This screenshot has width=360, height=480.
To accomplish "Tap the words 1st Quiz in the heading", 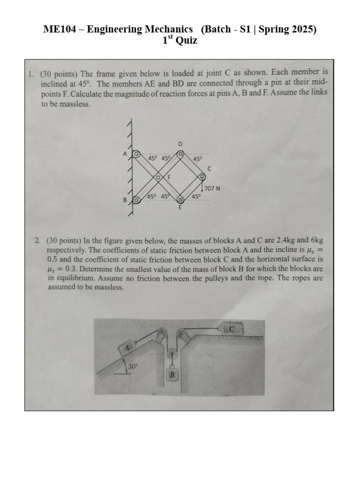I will point(180,41).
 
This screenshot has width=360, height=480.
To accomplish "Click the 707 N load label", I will point(212,188).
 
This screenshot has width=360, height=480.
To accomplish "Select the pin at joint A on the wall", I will point(135,154).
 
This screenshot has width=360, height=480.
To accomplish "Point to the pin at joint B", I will point(136,200).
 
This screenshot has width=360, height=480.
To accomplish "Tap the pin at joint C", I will point(202,177).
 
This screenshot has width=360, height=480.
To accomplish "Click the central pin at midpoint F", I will point(158,177).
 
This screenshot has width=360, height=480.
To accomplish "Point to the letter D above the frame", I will point(180,143).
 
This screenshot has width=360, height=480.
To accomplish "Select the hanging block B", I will point(172,375).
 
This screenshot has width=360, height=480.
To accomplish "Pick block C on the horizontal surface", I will point(232,330).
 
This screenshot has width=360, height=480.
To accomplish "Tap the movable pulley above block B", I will point(172,355).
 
